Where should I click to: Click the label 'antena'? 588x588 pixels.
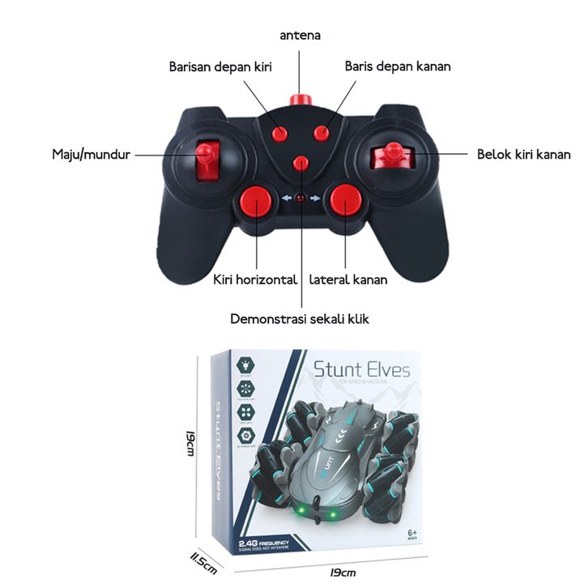coord(300,36)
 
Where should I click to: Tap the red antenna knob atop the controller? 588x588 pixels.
coord(301,100)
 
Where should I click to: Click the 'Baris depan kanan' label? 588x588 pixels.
coord(398,66)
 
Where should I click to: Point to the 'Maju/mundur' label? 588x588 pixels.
coord(91,153)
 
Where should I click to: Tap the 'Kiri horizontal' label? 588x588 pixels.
coord(255,280)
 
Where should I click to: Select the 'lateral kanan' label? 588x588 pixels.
coord(347,280)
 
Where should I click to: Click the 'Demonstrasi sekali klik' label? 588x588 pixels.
coord(300,318)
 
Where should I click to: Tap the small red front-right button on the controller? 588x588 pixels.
coord(322,134)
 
